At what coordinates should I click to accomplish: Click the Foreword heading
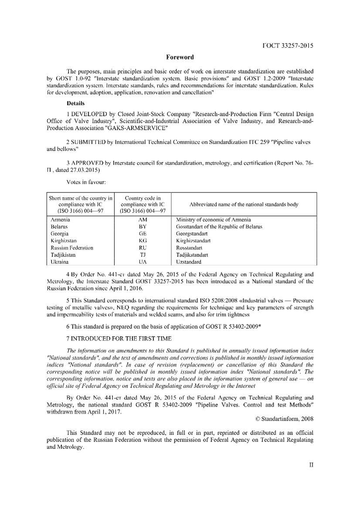[180, 57]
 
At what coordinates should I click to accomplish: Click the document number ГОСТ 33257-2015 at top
[288, 46]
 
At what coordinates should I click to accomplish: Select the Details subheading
[75, 104]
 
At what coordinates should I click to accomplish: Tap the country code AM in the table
[143, 220]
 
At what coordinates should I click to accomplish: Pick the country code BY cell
[143, 227]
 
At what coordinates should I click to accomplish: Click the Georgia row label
[59, 234]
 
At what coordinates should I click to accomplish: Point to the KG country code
[143, 241]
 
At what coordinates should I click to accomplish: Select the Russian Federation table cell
[72, 248]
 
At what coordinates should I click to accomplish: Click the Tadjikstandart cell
[192, 255]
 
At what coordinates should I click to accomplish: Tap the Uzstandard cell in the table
[188, 262]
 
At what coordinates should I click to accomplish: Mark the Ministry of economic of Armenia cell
[213, 220]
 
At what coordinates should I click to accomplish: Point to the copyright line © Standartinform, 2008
[284, 419]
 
